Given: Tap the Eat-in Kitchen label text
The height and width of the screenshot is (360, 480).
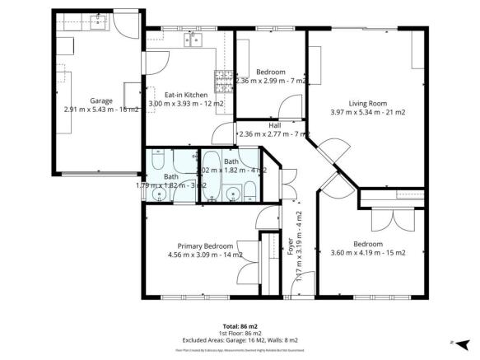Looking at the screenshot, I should tap(184, 95).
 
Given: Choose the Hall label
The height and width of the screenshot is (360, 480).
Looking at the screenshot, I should tap(274, 125).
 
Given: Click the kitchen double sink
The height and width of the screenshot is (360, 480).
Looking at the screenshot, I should tap(194, 40).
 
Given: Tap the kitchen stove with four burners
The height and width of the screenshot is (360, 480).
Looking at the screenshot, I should tap(223, 81).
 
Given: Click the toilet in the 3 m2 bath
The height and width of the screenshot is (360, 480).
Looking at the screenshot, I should tap(158, 159).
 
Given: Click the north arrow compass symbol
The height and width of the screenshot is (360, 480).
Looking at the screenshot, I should tap(463, 344).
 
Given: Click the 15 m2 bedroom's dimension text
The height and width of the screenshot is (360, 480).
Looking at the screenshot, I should tap(368, 253).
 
